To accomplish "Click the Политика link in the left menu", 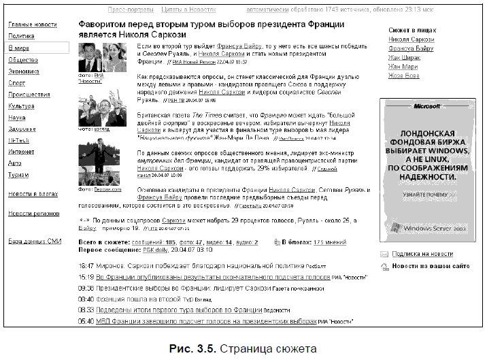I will tap(21, 36).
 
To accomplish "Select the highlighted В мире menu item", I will tap(18, 48).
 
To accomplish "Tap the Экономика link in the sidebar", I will tap(24, 71).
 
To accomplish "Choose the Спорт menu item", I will tap(17, 83).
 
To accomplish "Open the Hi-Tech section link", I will tap(18, 140).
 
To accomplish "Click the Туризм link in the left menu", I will tap(19, 175).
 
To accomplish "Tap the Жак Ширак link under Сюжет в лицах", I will tap(404, 58).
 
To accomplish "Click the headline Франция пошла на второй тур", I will tap(137, 298).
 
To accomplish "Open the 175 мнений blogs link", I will tap(333, 242).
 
